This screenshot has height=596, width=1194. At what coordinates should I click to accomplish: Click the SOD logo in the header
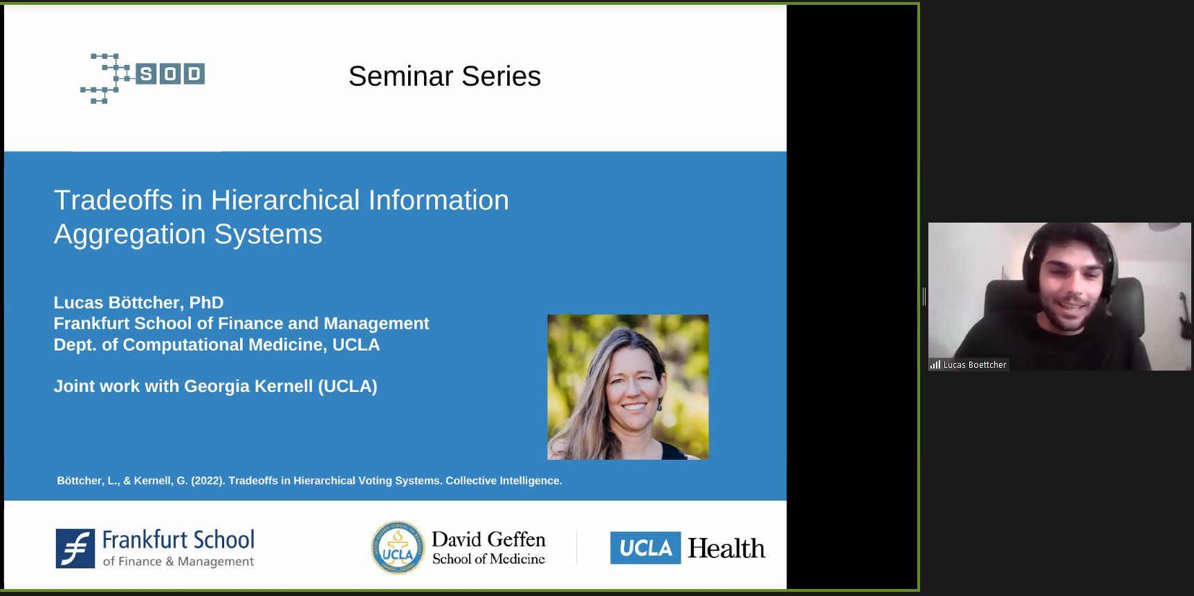(x=144, y=76)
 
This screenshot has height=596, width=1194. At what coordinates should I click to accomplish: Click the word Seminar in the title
(x=401, y=76)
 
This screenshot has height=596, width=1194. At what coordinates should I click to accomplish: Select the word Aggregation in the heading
(x=129, y=234)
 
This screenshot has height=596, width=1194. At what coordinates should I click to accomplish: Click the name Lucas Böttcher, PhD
(x=138, y=303)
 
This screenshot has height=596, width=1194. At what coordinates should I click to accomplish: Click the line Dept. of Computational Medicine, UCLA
(x=217, y=345)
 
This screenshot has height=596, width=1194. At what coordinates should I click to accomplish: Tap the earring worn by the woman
(x=660, y=404)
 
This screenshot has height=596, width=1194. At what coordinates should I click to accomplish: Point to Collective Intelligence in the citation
(x=503, y=481)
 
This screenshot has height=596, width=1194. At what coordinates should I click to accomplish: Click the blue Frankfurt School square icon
(x=75, y=548)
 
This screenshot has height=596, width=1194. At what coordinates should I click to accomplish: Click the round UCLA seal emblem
(x=398, y=548)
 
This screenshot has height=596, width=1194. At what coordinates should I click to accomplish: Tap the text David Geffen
(x=488, y=539)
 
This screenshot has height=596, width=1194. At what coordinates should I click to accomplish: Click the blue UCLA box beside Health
(x=645, y=548)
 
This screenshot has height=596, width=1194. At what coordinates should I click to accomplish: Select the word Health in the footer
(x=726, y=548)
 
